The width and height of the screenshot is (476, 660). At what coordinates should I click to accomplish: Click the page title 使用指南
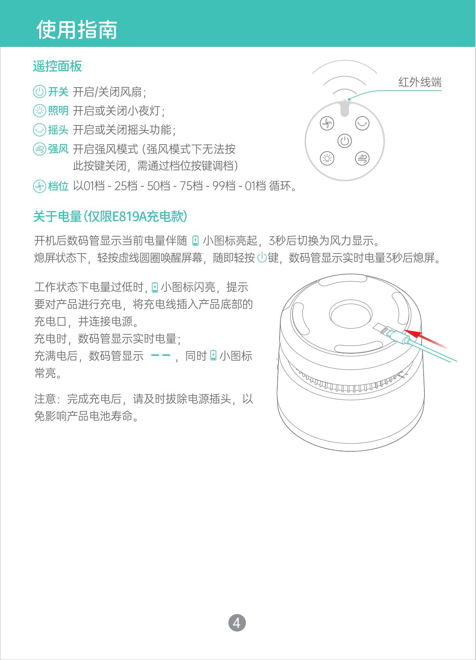point(77,29)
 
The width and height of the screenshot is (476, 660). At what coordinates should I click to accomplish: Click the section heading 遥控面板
point(57,66)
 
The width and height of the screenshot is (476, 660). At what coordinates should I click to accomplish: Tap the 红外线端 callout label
point(420,82)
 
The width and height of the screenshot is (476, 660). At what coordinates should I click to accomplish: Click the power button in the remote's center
point(345,141)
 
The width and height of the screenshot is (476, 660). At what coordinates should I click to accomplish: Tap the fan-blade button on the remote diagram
point(327,123)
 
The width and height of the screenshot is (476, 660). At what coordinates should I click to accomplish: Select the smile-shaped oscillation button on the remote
point(362,123)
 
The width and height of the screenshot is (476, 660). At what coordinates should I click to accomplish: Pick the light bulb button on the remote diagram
point(327,159)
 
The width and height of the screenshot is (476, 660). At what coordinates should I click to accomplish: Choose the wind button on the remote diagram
point(362,159)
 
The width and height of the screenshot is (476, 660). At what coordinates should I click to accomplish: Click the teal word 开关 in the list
point(58,92)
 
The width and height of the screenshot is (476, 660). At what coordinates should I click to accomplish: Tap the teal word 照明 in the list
point(58,111)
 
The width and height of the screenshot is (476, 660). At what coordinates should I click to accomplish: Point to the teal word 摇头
point(58,130)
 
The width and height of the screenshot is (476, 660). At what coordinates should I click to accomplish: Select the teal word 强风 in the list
point(58,149)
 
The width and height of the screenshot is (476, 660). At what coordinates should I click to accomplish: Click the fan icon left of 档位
point(39,186)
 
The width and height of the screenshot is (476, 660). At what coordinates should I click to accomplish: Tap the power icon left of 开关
point(39,91)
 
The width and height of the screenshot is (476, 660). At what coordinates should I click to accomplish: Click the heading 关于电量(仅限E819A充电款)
point(110,216)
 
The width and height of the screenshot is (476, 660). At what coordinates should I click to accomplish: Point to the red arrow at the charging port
point(426,338)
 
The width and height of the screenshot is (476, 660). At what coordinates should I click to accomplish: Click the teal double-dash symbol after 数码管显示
point(160,355)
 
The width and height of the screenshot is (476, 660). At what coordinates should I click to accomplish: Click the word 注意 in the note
point(45,399)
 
